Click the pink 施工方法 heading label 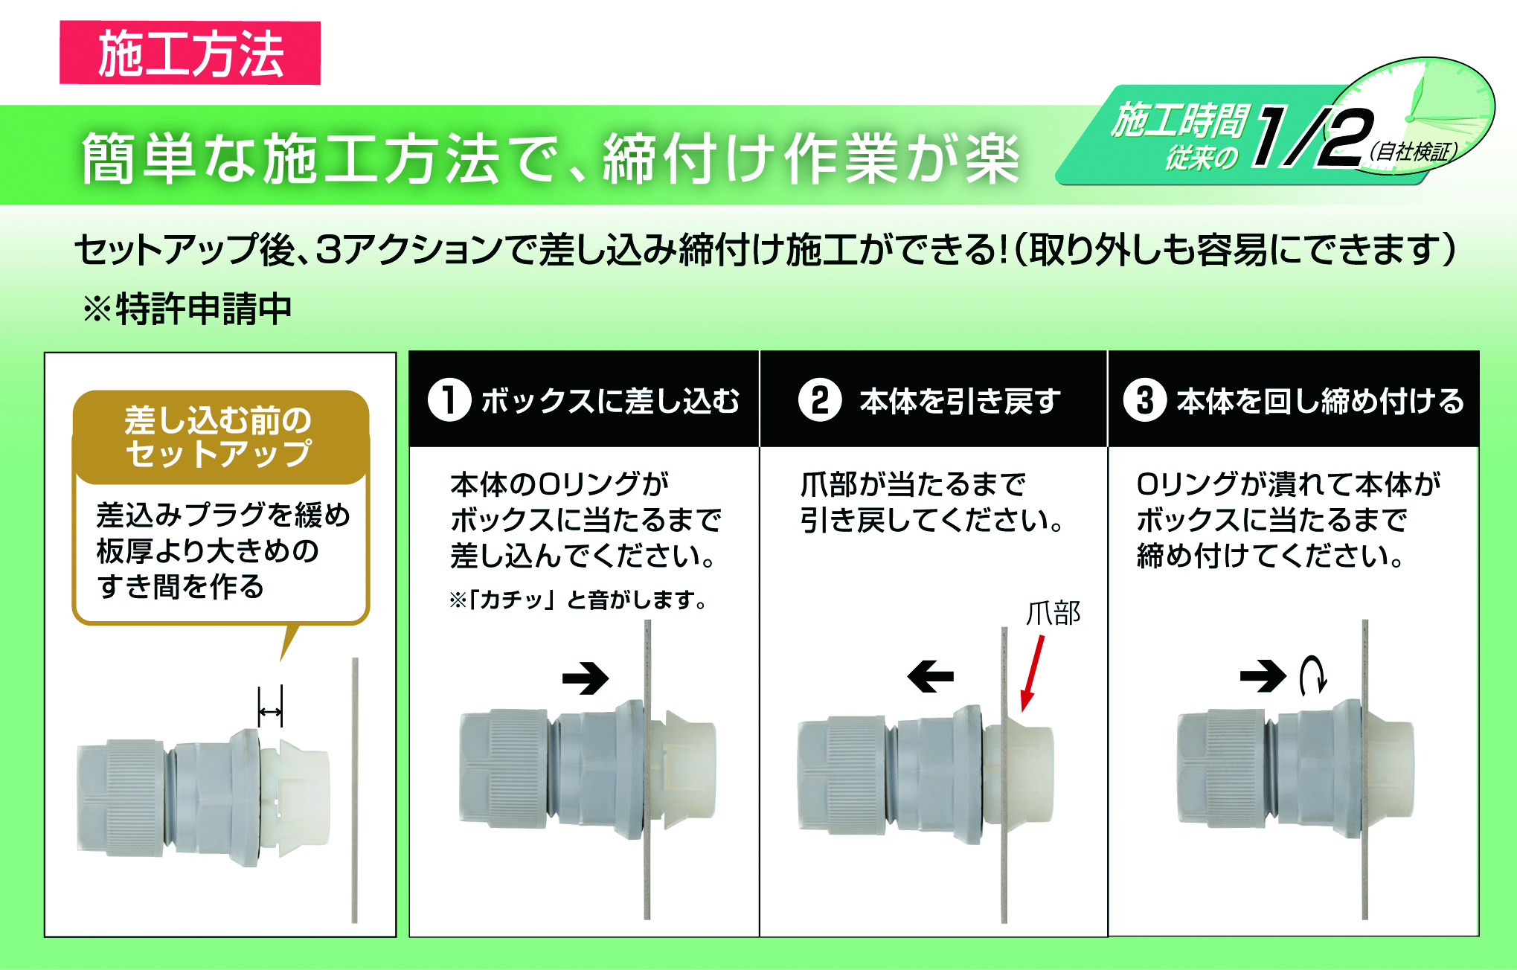pyautogui.click(x=190, y=53)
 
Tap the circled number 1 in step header pyautogui.click(x=449, y=400)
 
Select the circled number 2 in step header pyautogui.click(x=820, y=400)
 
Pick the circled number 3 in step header pyautogui.click(x=1145, y=400)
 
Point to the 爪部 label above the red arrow pyautogui.click(x=1053, y=614)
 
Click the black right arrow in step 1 pyautogui.click(x=586, y=678)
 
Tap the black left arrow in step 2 pyautogui.click(x=931, y=676)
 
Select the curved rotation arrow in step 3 pyautogui.click(x=1312, y=675)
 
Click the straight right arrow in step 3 pyautogui.click(x=1263, y=676)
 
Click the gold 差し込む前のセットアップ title pyautogui.click(x=219, y=437)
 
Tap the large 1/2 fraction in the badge pyautogui.click(x=1313, y=136)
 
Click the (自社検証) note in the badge pyautogui.click(x=1414, y=152)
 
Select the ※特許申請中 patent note pyautogui.click(x=187, y=309)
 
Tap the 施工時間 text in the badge pyautogui.click(x=1179, y=121)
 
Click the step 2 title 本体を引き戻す pyautogui.click(x=960, y=401)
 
